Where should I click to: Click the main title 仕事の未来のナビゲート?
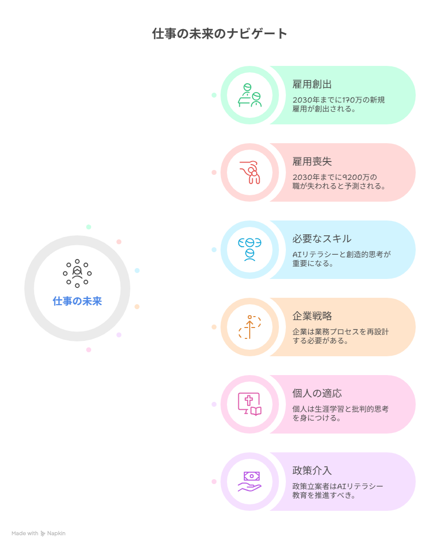[220, 34]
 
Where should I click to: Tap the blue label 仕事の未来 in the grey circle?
[77, 301]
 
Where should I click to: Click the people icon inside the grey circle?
[77, 273]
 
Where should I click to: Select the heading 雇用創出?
[312, 84]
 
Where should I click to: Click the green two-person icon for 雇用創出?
[250, 95]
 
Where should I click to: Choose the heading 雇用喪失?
[312, 162]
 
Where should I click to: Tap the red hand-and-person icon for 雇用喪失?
[250, 172]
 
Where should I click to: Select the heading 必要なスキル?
[322, 239]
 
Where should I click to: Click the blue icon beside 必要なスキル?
[250, 250]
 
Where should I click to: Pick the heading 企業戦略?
[312, 316]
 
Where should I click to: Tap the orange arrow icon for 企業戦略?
[250, 327]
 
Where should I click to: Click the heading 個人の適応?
[317, 393]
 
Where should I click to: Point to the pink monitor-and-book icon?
[250, 404]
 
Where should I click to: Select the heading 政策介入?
[312, 471]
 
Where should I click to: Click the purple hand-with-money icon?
[250, 482]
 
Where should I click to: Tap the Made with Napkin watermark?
[38, 534]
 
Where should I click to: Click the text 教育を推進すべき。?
[324, 495]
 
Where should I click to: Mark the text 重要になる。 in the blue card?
[313, 264]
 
